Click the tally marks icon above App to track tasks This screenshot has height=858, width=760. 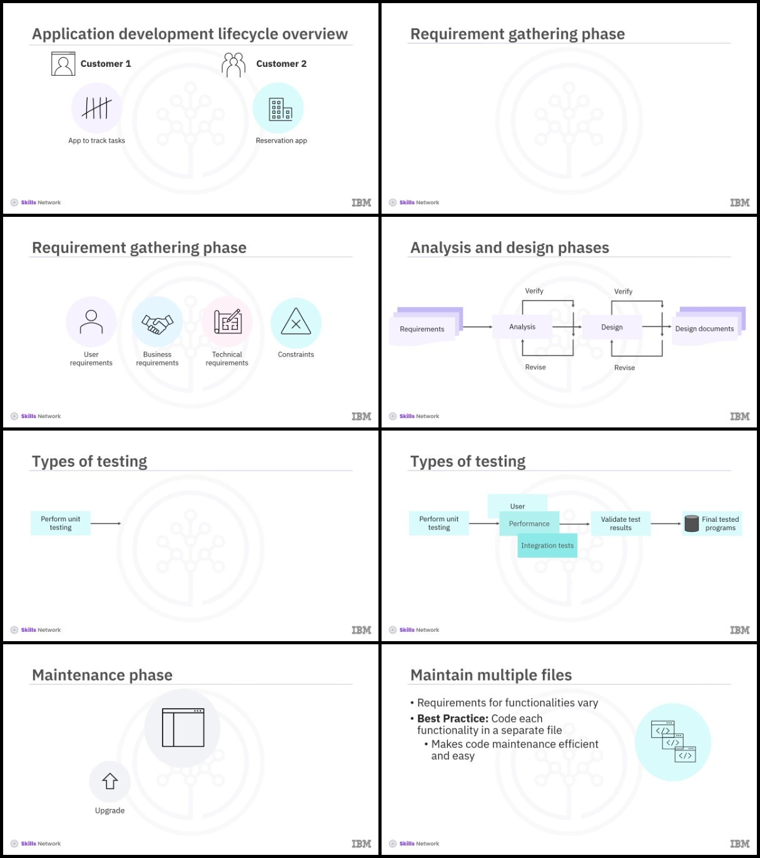pos(97,108)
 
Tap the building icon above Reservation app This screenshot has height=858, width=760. pos(280,109)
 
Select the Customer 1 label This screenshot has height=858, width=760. pos(106,64)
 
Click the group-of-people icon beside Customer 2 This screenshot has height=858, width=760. pos(233,65)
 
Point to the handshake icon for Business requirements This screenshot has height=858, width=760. pos(157,324)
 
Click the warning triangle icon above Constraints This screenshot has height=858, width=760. pos(296,322)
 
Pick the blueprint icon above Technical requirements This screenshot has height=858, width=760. pos(228,322)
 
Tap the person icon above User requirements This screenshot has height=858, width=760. pos(91,322)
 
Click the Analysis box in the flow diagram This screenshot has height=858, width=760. pos(522,326)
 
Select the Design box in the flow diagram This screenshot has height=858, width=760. pos(612,327)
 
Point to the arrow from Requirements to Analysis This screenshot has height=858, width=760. pos(477,327)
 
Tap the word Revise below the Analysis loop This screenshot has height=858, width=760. pos(535,367)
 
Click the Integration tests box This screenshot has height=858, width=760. pos(547,546)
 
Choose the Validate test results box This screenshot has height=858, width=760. pos(621,524)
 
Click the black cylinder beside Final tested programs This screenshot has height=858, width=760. pos(691,524)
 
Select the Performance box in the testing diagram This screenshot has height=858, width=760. pos(529,524)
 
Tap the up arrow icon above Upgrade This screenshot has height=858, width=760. pos(110,781)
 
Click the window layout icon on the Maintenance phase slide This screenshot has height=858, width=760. pos(183,727)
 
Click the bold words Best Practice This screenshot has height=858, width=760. pos(453,719)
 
